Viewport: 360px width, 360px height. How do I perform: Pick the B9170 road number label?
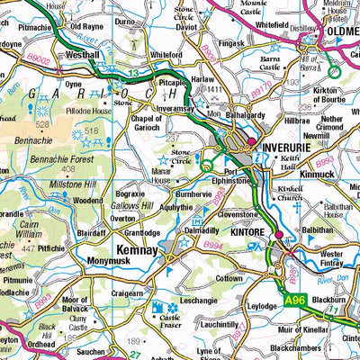click(x=260, y=90)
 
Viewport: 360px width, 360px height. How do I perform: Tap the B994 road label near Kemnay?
click(x=212, y=244)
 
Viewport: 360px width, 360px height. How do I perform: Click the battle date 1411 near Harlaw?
click(x=213, y=91)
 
